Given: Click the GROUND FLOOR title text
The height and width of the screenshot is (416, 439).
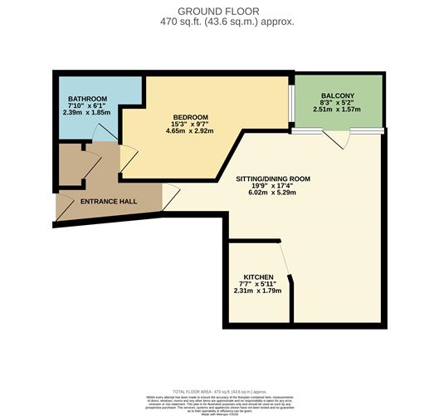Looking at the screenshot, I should (219, 11).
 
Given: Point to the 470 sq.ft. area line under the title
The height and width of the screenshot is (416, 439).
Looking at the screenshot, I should (219, 22).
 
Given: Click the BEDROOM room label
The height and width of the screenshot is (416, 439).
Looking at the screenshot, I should (190, 116).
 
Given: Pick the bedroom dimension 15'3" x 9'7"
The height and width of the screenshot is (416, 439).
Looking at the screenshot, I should (190, 124).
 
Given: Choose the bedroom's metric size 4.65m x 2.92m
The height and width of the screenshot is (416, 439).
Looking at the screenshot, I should (190, 131).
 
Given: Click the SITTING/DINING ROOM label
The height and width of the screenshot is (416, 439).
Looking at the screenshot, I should (262, 178).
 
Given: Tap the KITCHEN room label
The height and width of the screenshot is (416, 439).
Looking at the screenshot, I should (258, 277).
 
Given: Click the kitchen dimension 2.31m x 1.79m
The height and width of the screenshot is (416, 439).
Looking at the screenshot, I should (258, 291).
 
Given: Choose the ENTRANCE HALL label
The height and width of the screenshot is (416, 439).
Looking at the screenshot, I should (108, 201).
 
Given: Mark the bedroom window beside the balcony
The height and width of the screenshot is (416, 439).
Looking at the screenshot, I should (291, 104).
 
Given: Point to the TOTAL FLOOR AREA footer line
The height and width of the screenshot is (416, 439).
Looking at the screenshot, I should (219, 389).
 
